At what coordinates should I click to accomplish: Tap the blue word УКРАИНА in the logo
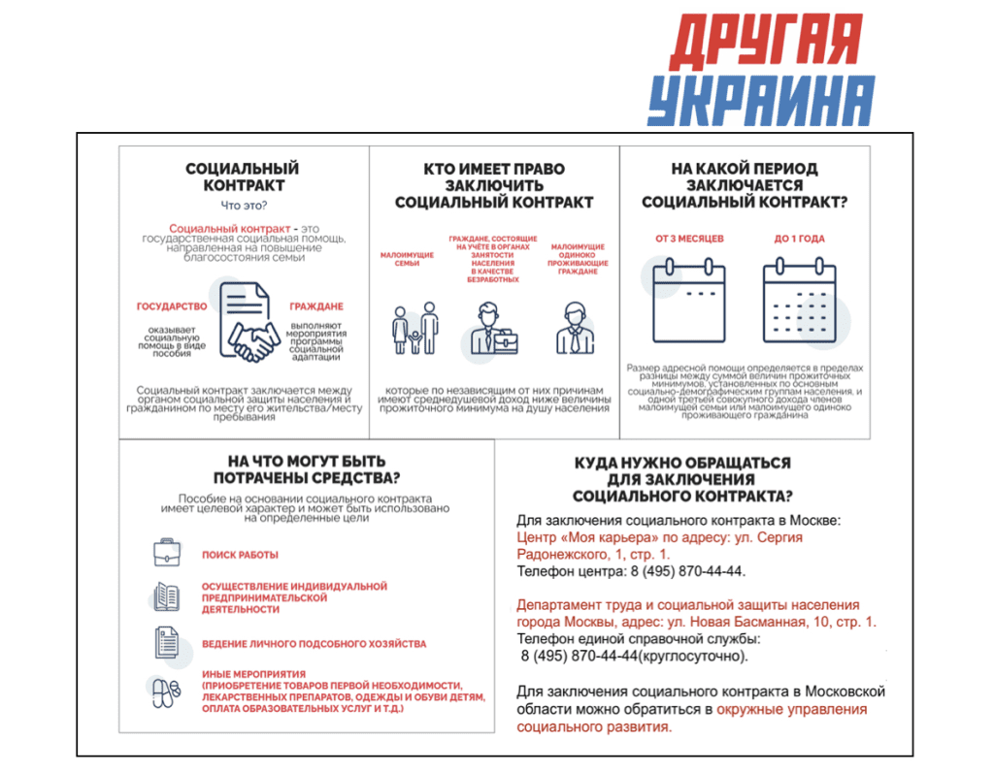point(761,99)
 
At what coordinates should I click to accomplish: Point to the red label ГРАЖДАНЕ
point(316,306)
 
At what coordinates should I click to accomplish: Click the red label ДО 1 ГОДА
point(800,239)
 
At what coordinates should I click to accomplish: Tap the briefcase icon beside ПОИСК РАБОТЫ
point(167,554)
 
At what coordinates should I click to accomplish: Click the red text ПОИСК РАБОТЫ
point(240,555)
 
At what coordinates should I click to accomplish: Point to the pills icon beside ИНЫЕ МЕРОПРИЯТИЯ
point(166,692)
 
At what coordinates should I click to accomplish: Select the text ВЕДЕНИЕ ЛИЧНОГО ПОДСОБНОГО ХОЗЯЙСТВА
point(314,643)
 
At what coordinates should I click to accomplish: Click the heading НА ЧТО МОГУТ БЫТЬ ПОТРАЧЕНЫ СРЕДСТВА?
point(307,469)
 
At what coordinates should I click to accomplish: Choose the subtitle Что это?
point(244,206)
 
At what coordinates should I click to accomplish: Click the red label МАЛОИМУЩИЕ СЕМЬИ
point(401,260)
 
